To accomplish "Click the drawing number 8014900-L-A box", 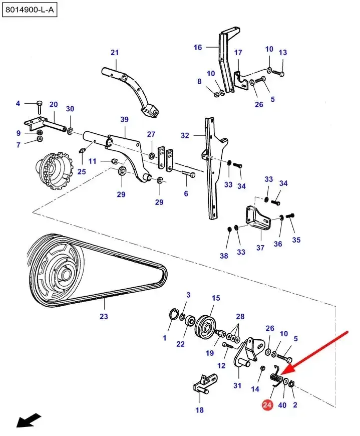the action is pyautogui.click(x=30, y=11).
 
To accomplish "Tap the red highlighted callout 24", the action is pyautogui.click(x=267, y=404).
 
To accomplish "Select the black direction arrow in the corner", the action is pyautogui.click(x=29, y=420).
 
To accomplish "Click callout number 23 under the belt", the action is pyautogui.click(x=104, y=316).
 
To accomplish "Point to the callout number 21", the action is pyautogui.click(x=115, y=52).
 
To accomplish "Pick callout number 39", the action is pyautogui.click(x=125, y=119).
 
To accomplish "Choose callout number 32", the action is pyautogui.click(x=185, y=135).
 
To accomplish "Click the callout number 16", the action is pyautogui.click(x=198, y=47).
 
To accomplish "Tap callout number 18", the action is pyautogui.click(x=200, y=410).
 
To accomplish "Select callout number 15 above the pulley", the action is pyautogui.click(x=216, y=298).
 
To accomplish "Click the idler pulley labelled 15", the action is pyautogui.click(x=206, y=326).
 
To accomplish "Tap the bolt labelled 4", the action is pyautogui.click(x=39, y=107).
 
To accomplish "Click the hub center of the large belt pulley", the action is pyautogui.click(x=66, y=274).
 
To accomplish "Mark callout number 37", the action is pyautogui.click(x=260, y=247).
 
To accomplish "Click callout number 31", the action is pyautogui.click(x=237, y=385).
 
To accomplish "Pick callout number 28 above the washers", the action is pyautogui.click(x=240, y=316).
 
